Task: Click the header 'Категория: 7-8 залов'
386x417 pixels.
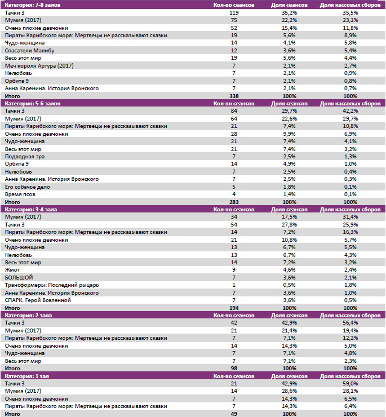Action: click(x=33, y=5)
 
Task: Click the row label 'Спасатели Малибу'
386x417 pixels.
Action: click(x=29, y=50)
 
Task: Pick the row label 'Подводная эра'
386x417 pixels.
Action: click(x=25, y=156)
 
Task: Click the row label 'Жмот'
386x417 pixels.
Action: click(x=12, y=270)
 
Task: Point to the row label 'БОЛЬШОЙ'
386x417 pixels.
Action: click(x=19, y=277)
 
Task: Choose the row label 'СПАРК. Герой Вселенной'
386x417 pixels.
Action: click(x=38, y=300)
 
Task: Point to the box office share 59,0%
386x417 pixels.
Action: click(x=350, y=384)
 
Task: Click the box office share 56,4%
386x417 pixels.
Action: click(x=350, y=323)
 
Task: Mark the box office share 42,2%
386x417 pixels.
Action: click(x=350, y=111)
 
